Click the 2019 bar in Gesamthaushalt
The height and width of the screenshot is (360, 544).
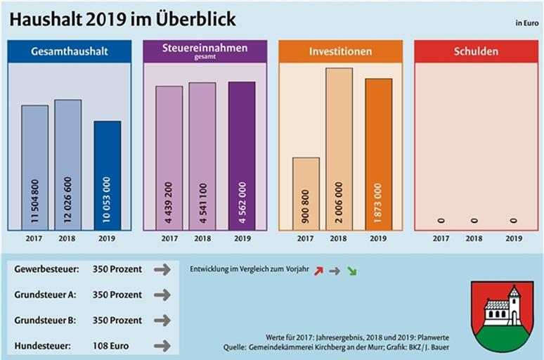(107, 176)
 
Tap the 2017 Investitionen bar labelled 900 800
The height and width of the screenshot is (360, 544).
(306, 193)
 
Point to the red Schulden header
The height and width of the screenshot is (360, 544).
(476, 51)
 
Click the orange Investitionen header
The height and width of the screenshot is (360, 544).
(340, 51)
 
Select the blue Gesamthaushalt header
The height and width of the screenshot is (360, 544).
(69, 51)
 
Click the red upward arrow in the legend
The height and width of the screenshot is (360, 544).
(318, 270)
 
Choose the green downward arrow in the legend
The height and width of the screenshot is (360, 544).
(351, 270)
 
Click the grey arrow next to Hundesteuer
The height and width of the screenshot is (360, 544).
(162, 346)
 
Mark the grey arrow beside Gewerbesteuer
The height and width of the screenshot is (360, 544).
(162, 269)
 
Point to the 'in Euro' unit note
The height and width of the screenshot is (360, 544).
(526, 23)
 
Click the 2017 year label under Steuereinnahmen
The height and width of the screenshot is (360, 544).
(169, 239)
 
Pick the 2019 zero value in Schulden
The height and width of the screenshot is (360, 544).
(514, 221)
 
